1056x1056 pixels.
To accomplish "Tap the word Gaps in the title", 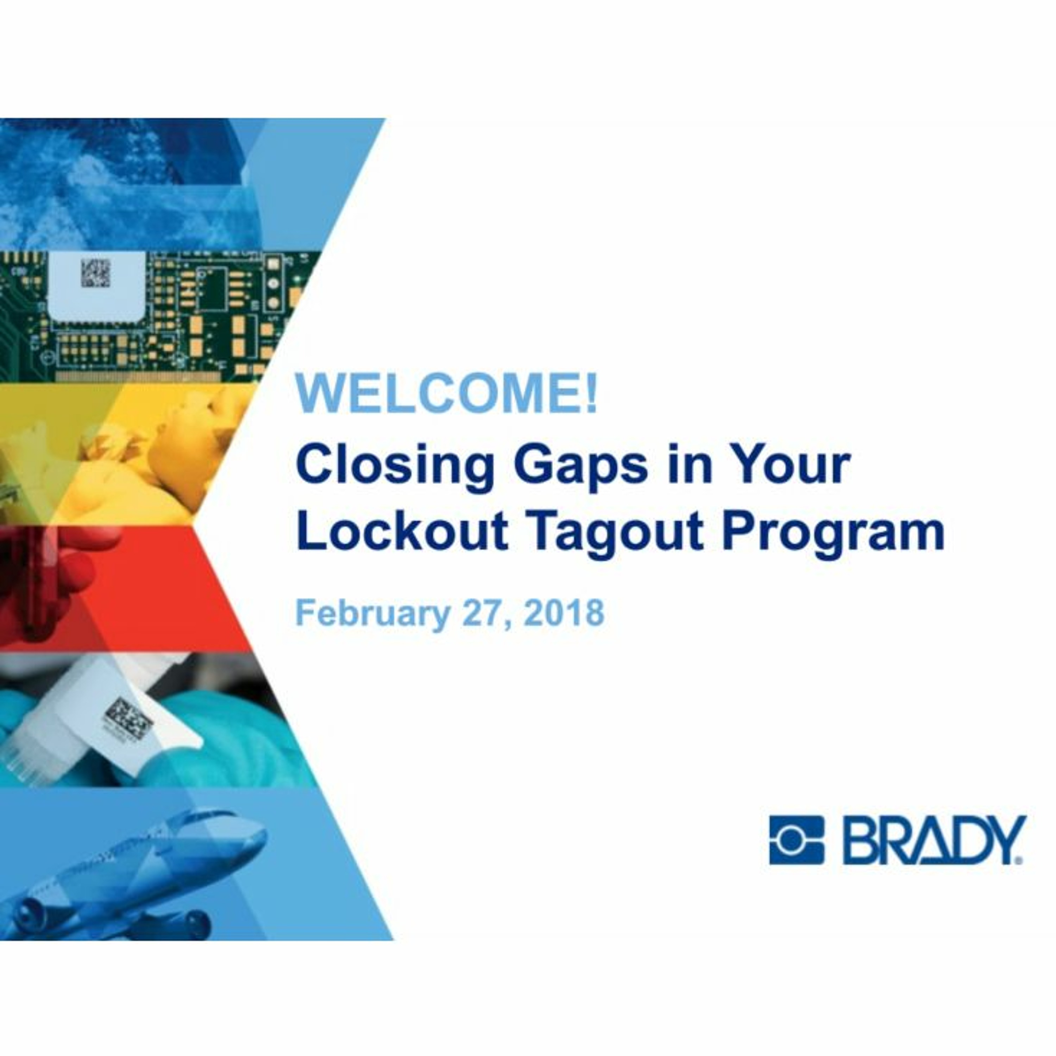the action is tap(580, 466).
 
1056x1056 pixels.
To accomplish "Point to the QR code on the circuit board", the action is tap(96, 273).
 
